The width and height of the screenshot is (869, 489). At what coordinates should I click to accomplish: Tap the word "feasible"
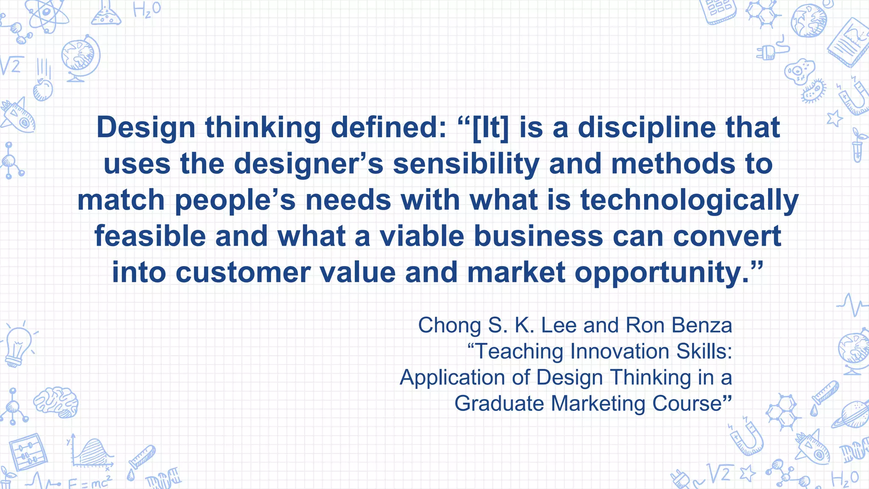[x=150, y=236]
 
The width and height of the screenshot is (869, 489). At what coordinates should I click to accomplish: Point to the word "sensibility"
[x=466, y=164]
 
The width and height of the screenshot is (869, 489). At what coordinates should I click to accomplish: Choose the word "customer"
[x=243, y=273]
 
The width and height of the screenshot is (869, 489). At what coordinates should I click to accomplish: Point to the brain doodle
[x=56, y=401]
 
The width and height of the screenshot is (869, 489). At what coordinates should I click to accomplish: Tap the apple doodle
[x=43, y=90]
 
